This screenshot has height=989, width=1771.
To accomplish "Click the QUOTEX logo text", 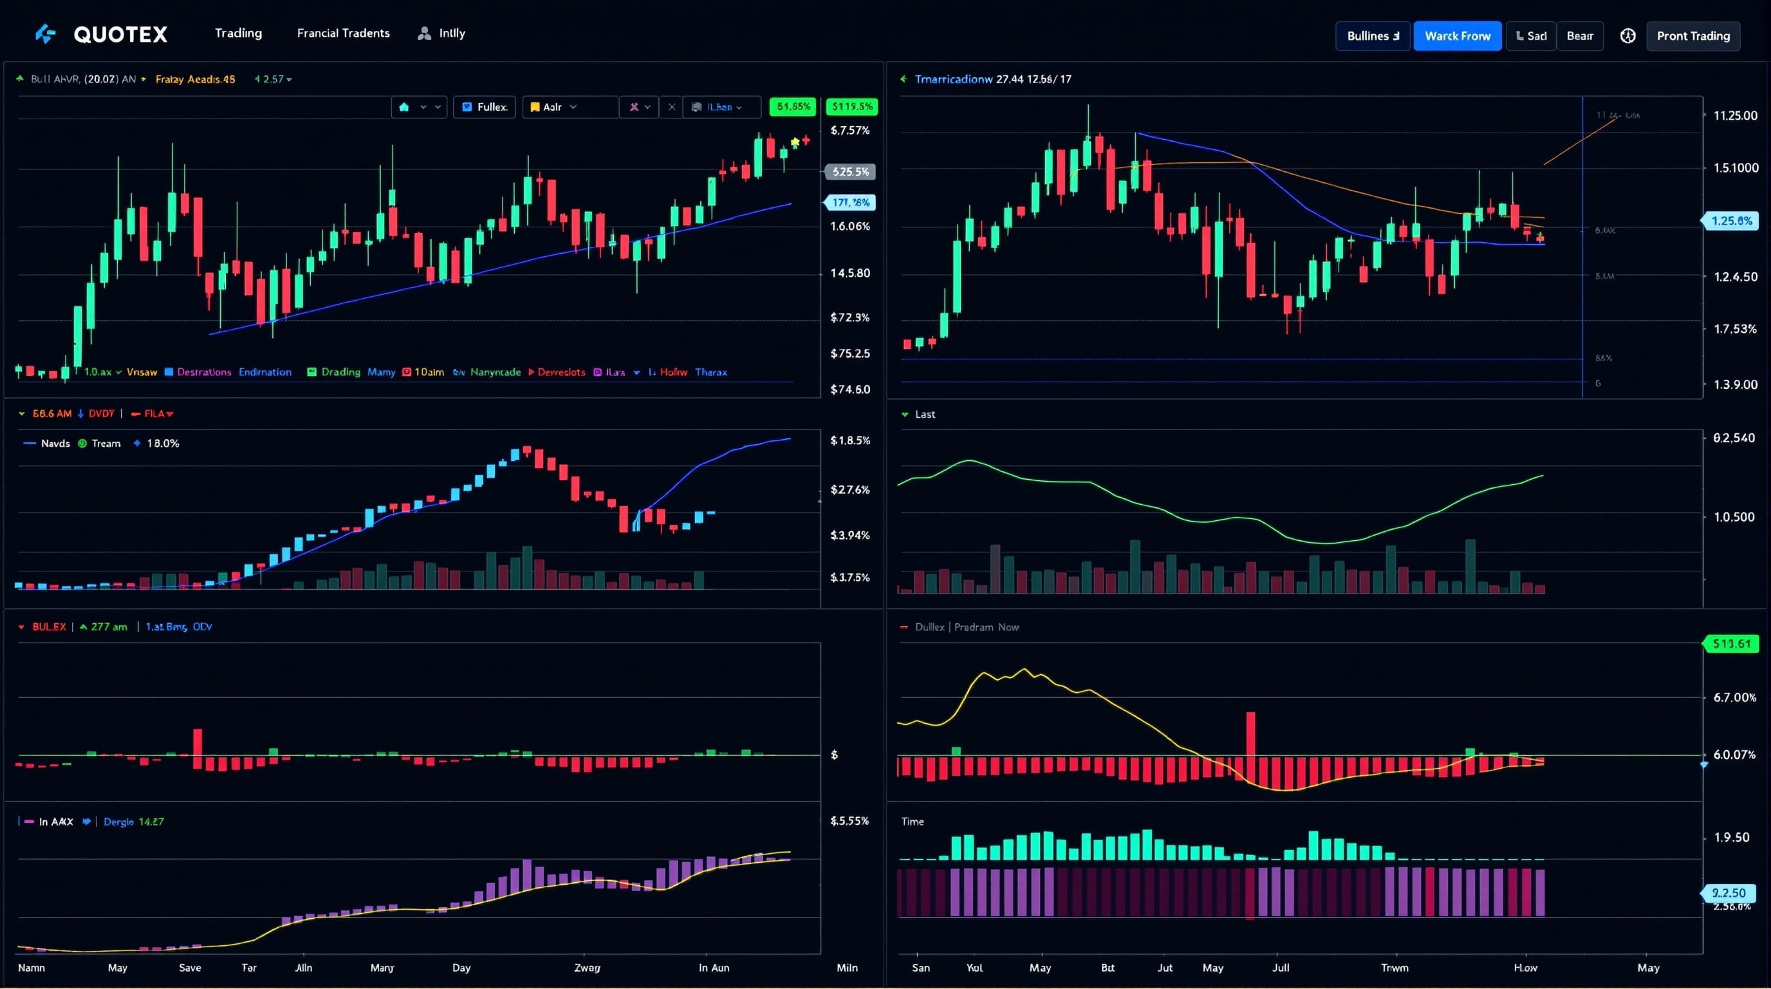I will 120,34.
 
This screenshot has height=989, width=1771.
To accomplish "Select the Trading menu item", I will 238,33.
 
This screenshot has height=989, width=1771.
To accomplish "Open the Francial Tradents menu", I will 343,33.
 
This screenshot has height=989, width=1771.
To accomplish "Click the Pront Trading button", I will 1692,36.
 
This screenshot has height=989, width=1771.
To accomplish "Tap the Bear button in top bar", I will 1579,36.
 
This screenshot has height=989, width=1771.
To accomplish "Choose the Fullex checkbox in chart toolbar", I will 485,107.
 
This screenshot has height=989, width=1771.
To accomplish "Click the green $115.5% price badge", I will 851,107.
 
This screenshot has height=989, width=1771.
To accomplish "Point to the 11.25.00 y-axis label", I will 1734,115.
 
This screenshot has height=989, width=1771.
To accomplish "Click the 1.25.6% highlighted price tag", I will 1731,221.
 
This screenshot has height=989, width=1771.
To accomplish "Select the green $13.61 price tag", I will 1731,644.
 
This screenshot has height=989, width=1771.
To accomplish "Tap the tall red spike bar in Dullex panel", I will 1250,735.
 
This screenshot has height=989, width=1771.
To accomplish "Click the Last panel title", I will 925,414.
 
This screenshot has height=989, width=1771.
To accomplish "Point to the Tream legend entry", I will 105,444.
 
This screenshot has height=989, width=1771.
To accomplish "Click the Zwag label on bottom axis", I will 587,968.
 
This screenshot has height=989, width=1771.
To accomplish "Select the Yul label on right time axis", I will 974,968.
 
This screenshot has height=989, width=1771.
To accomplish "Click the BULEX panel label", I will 49,626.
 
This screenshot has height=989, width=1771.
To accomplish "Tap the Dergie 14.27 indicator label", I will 133,822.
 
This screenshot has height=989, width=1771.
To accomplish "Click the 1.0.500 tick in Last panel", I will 1733,516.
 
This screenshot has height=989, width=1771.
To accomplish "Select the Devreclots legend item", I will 561,372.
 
